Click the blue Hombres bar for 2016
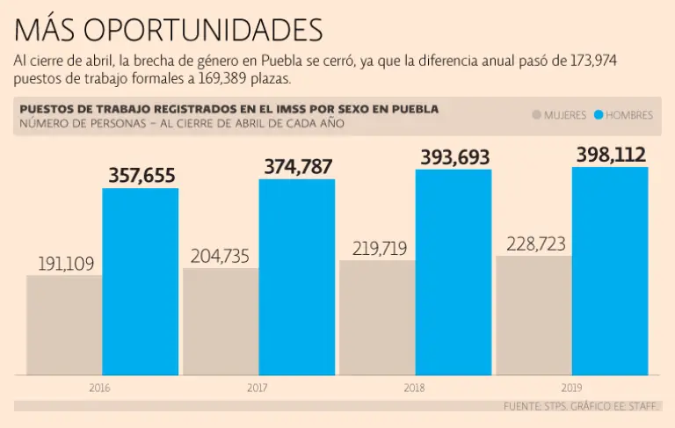pos(141,281)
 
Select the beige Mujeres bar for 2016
pos(64,325)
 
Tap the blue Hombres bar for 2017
pos(297,277)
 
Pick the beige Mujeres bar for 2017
pos(221,322)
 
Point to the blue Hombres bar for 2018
pos(454,272)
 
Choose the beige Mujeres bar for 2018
pos(377,317)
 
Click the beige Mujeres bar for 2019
pos(533,316)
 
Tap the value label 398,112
pos(611,156)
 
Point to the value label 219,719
pos(379,249)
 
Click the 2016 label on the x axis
pos(99,387)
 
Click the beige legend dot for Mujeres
pos(536,115)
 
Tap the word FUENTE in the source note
pos(523,407)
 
